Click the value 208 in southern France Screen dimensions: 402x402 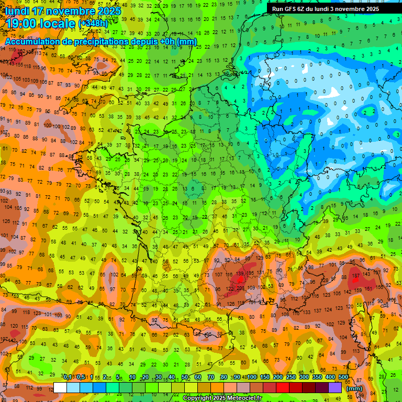pyautogui.click(x=240, y=288)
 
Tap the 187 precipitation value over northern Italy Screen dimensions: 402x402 pyautogui.click(x=356, y=276)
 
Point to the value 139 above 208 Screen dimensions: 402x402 pyautogui.click(x=240, y=274)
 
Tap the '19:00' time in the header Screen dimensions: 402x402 pyautogui.click(x=23, y=24)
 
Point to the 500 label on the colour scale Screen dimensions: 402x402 pyautogui.click(x=343, y=377)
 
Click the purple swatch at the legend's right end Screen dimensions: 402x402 pyautogui.click(x=335, y=388)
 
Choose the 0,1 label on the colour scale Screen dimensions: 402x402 pyautogui.click(x=68, y=377)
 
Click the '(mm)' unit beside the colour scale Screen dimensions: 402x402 pyautogui.click(x=354, y=388)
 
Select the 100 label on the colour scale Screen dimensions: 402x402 pyautogui.click(x=252, y=377)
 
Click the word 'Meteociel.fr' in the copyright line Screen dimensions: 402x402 pyautogui.click(x=244, y=398)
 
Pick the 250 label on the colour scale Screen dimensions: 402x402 pyautogui.click(x=291, y=377)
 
